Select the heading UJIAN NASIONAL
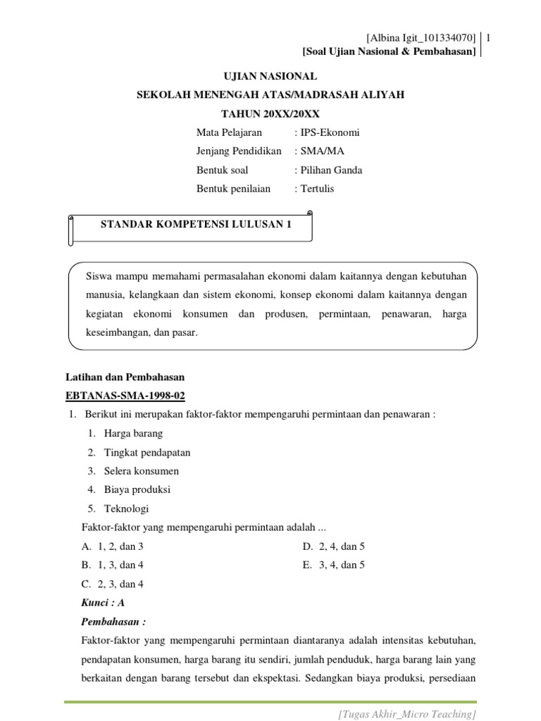(x=270, y=76)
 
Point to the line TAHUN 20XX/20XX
(x=270, y=113)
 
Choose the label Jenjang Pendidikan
(x=239, y=151)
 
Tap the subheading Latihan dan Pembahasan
(x=125, y=377)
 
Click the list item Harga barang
(x=133, y=433)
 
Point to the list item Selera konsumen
(x=141, y=471)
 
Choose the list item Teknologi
(x=126, y=508)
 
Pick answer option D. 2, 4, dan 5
(x=334, y=546)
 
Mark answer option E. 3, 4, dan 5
(x=334, y=565)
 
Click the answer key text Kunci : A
(x=104, y=603)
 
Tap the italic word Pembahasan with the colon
(x=113, y=622)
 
